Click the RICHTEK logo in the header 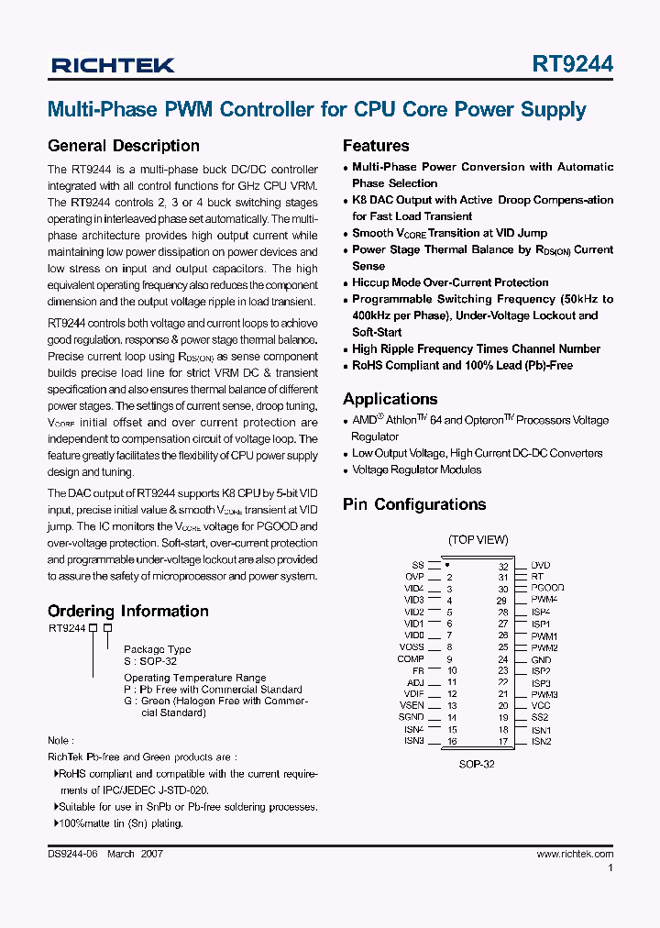[x=112, y=65]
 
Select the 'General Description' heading [x=123, y=146]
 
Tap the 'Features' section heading [x=376, y=146]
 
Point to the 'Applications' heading [x=390, y=399]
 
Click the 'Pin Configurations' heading [x=414, y=504]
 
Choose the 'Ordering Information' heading [x=127, y=611]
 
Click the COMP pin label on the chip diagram [x=411, y=659]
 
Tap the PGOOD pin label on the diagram [x=547, y=588]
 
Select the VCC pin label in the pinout [x=541, y=706]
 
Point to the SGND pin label [x=412, y=717]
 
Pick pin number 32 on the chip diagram [x=503, y=566]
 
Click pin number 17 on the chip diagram [x=503, y=741]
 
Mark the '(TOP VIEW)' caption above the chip [x=478, y=540]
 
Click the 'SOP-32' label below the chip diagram [x=477, y=763]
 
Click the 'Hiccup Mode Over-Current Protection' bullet [x=450, y=282]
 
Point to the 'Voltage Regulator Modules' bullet [x=417, y=470]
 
